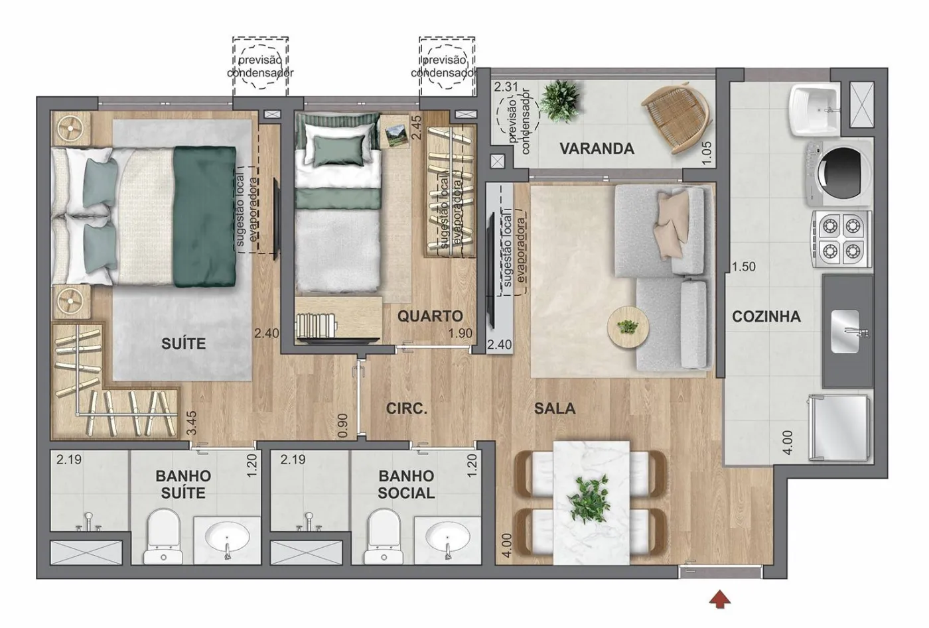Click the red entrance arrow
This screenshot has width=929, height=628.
click(719, 599)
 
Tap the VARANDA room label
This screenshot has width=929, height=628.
click(597, 149)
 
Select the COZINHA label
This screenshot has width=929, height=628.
click(766, 317)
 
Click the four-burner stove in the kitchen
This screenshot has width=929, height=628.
click(841, 239)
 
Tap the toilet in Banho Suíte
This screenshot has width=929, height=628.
click(163, 536)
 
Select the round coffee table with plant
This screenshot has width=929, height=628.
click(628, 327)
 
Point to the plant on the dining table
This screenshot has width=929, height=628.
click(589, 499)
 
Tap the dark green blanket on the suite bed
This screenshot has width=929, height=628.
click(204, 216)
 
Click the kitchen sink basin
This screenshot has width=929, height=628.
click(845, 331)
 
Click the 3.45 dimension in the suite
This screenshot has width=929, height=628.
click(191, 423)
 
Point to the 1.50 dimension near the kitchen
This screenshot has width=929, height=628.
click(744, 267)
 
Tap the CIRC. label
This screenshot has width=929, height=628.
click(406, 408)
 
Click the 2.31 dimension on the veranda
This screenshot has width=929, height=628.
click(506, 87)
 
